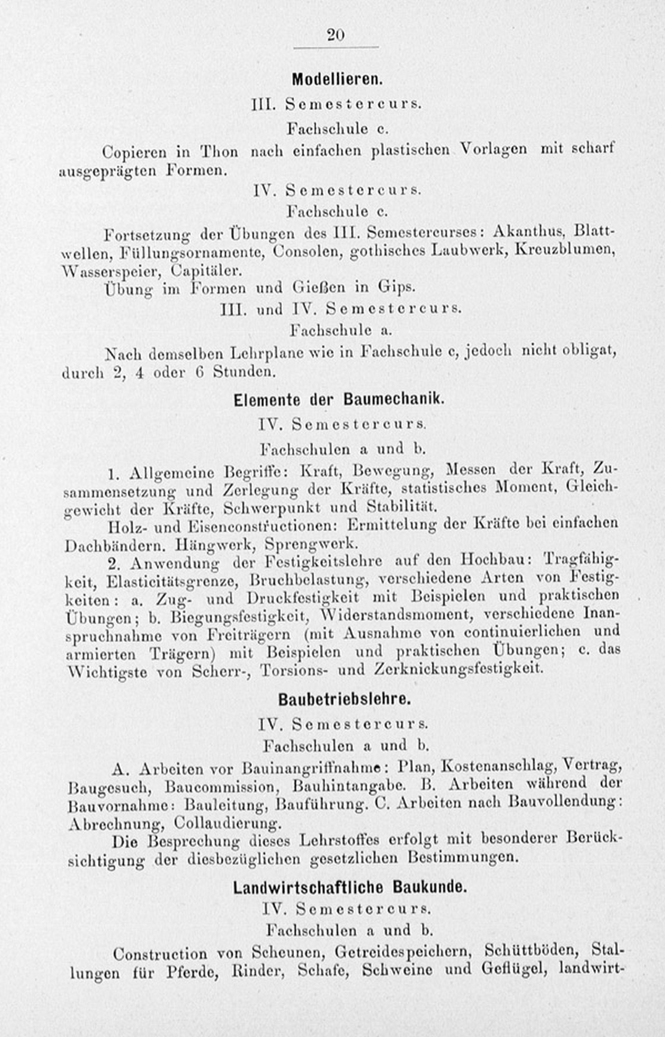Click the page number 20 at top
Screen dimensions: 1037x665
point(335,34)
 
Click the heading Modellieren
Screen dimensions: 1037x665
point(337,79)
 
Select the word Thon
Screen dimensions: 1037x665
point(219,152)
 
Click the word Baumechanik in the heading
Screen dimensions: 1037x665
point(394,399)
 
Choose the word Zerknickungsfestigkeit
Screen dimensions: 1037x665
point(458,669)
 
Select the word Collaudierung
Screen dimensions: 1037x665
point(227,824)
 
